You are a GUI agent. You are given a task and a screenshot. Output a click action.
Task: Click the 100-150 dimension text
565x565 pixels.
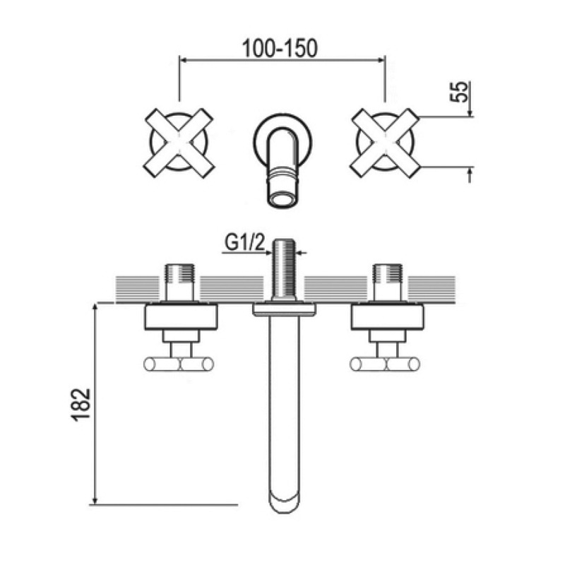(280, 48)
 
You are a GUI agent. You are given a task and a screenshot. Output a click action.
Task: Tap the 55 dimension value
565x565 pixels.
(460, 92)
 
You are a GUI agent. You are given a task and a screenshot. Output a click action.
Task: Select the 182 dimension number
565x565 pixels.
(81, 404)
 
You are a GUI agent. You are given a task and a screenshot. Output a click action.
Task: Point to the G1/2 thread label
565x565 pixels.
(244, 243)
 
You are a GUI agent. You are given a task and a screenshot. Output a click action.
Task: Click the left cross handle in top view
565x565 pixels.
(179, 143)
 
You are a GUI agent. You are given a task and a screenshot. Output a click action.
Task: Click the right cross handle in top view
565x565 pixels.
(385, 143)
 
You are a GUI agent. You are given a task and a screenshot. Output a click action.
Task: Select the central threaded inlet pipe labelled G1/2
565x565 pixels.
(283, 270)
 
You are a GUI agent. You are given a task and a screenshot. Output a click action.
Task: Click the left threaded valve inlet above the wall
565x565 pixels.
(179, 282)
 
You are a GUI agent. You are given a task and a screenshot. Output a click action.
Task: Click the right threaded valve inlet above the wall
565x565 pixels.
(388, 282)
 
